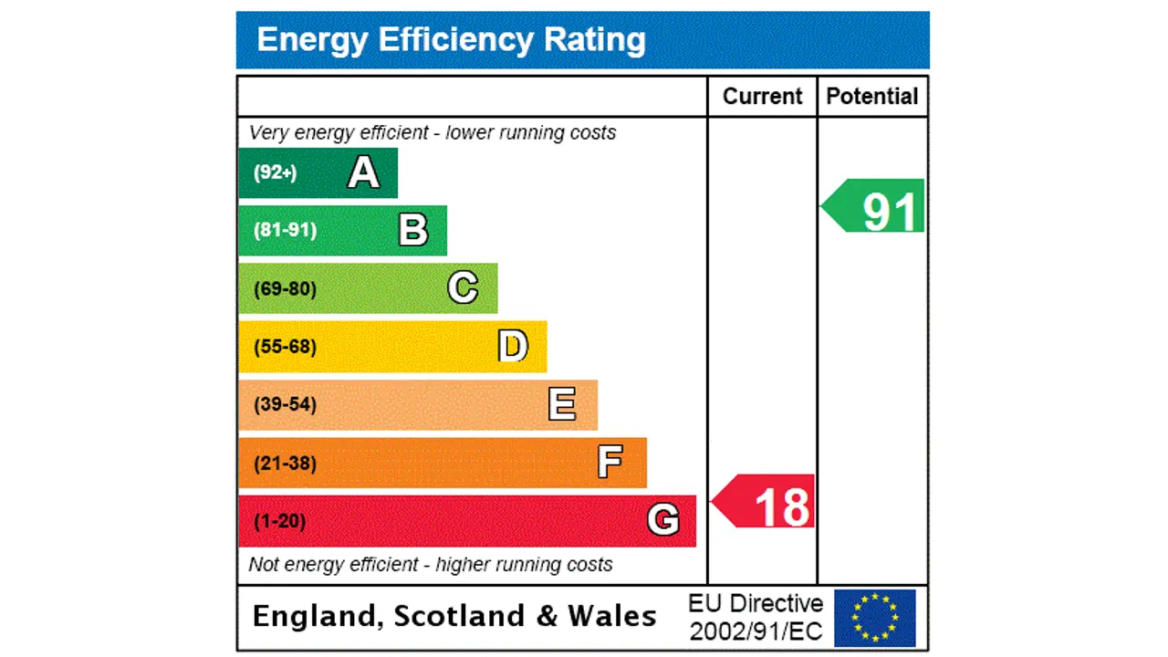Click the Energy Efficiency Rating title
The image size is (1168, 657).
point(451,40)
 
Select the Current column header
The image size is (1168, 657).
point(762,97)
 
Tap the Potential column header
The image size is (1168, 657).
point(871,97)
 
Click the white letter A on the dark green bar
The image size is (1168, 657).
point(363,172)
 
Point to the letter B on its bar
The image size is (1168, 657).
point(413,230)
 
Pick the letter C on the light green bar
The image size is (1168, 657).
point(463,288)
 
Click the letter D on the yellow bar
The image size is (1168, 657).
point(513,347)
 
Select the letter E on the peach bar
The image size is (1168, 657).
point(562,404)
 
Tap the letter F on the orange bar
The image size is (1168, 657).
point(610,463)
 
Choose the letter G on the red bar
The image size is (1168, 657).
point(662,520)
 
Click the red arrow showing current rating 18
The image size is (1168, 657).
point(766,503)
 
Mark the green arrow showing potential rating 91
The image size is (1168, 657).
point(876,208)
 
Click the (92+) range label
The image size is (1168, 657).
point(275,172)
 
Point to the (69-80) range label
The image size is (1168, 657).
point(285,289)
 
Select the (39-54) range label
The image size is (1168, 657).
point(285,404)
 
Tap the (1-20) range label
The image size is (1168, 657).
point(279,521)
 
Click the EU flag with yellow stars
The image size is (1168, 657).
point(874,618)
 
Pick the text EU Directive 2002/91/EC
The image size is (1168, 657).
point(756,618)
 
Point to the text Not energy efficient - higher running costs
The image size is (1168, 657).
point(430,565)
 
